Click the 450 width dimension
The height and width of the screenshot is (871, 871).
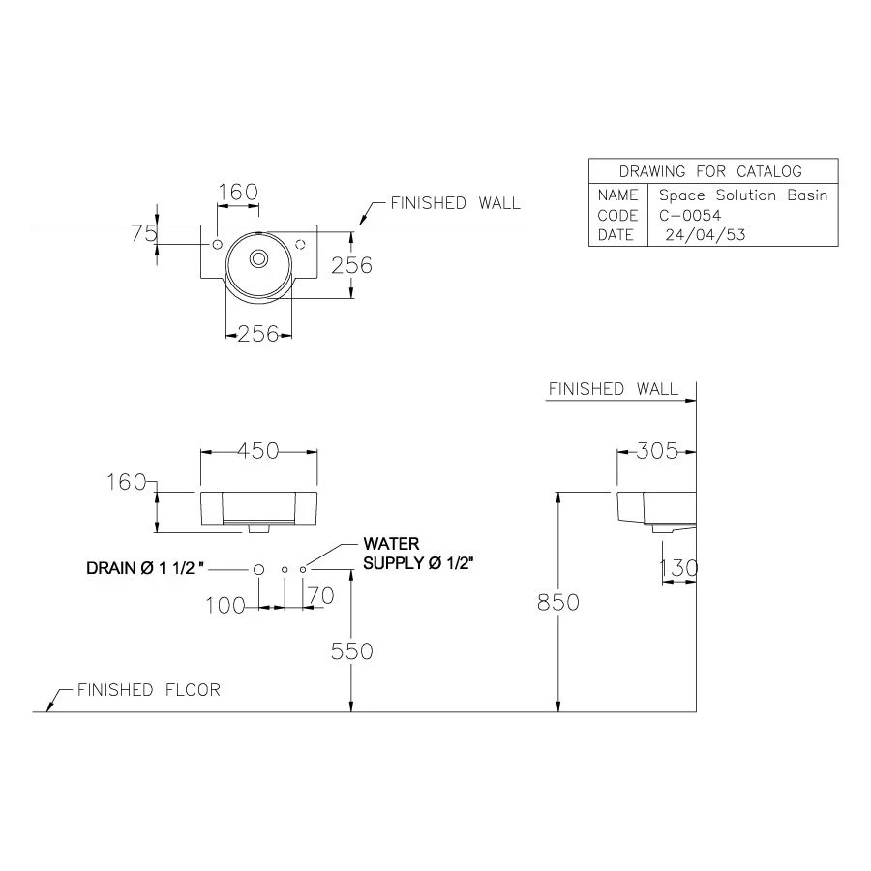258,450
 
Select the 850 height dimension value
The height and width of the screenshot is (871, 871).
558,602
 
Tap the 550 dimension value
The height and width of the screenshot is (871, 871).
351,651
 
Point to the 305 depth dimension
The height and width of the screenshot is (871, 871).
658,450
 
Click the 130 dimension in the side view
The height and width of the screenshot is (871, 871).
677,568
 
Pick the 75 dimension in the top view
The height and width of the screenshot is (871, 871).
145,233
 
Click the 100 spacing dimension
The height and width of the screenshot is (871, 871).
225,605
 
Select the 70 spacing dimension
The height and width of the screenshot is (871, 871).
320,596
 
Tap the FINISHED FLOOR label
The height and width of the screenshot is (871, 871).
148,690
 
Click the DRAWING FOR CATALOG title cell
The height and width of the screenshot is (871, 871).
710,171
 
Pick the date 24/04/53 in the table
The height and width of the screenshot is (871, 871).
705,234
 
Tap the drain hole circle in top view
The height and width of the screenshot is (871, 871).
259,258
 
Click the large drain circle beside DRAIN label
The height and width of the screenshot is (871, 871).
258,569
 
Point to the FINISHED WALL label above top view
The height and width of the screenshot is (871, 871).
455,203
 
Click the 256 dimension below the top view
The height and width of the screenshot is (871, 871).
258,334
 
